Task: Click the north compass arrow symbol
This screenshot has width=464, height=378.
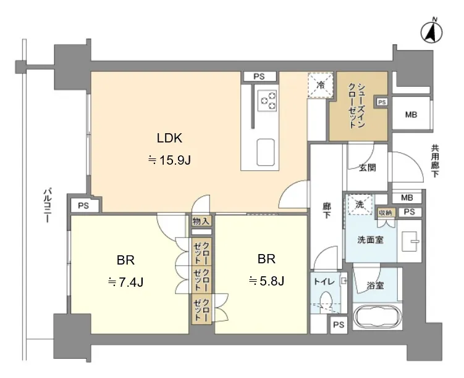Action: tap(432, 32)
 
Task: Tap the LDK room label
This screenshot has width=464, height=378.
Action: tap(169, 138)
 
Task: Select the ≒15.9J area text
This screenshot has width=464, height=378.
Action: tap(169, 160)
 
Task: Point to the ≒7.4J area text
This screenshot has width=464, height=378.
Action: tap(126, 282)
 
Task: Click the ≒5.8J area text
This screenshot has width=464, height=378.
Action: tap(267, 281)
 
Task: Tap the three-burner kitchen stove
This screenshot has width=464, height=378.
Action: tap(267, 101)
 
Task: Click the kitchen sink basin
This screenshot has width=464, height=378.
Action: tap(266, 152)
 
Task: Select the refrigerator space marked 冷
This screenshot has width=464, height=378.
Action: tap(321, 85)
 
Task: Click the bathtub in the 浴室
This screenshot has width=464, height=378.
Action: tap(378, 318)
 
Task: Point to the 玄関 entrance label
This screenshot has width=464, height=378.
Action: tap(368, 168)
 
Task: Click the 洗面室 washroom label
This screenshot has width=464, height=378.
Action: tap(370, 240)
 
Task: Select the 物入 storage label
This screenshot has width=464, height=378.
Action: tap(201, 221)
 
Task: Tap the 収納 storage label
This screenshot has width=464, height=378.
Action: tap(386, 212)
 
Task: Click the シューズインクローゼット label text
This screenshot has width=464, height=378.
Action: tap(356, 105)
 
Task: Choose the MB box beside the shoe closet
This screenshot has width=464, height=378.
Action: tap(411, 115)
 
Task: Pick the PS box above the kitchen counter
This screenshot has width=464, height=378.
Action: tap(259, 77)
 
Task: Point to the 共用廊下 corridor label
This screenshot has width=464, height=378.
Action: tap(435, 161)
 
